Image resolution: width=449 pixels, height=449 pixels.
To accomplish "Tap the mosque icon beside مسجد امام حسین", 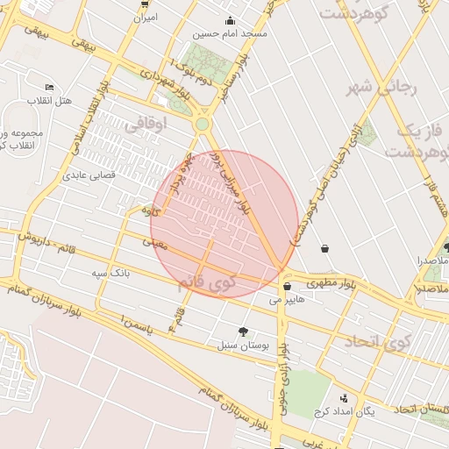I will point(231,21).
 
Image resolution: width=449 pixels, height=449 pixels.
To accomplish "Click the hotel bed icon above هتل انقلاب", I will point(49,88).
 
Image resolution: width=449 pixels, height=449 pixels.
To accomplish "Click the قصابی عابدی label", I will point(89,175).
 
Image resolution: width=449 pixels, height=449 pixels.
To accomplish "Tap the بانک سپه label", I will point(111,273).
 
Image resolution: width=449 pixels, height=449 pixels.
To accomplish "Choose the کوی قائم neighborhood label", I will point(207,284).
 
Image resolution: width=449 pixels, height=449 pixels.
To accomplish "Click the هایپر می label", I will point(288,299).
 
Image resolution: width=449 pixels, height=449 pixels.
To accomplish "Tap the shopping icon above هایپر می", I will point(287,286).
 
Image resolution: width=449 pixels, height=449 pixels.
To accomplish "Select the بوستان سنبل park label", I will point(243,346).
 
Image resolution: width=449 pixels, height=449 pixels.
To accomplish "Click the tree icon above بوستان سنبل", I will point(243,331).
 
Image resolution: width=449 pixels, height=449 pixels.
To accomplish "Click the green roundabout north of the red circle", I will point(203,125).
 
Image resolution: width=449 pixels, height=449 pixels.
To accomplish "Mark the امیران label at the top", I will point(146,17).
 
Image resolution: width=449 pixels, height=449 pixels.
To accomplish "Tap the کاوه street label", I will point(150,210).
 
